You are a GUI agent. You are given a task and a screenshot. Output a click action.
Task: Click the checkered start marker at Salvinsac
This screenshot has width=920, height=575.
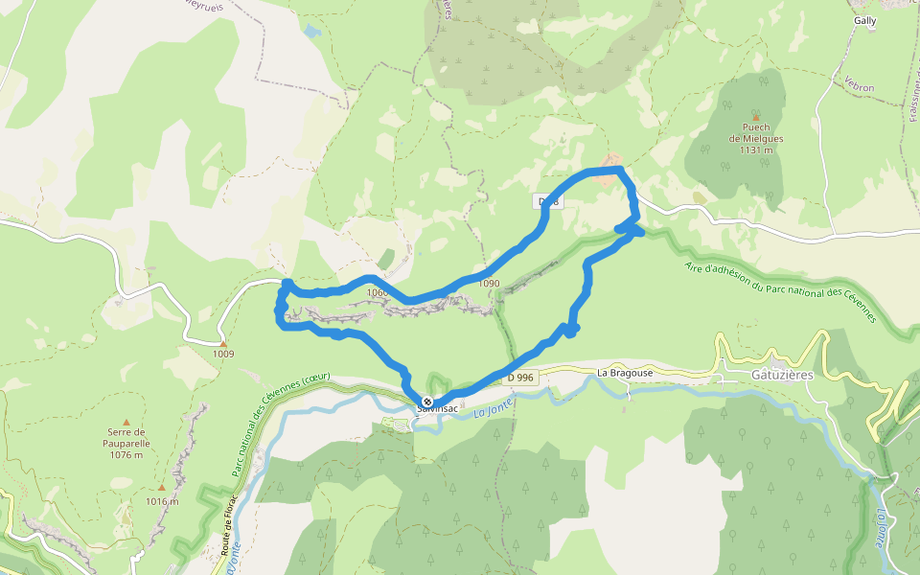click(x=427, y=402)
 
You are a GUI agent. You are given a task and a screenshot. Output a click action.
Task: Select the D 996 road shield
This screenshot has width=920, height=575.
click(x=520, y=378)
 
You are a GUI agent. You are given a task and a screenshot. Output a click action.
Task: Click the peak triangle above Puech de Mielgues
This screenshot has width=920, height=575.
click(x=755, y=114)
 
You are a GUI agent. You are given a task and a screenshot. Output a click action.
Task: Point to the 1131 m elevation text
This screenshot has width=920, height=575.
click(x=756, y=149)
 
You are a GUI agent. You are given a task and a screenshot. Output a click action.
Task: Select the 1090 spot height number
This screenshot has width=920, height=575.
click(x=489, y=284)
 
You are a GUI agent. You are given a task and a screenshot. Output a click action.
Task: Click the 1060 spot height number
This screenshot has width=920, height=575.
click(x=377, y=293)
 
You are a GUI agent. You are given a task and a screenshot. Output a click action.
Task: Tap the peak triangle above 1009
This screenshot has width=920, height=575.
click(x=223, y=343)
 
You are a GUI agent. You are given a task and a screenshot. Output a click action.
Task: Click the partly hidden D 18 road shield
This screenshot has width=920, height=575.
click(x=545, y=201)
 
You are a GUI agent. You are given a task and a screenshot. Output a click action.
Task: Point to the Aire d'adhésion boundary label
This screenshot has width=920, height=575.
click(x=781, y=292)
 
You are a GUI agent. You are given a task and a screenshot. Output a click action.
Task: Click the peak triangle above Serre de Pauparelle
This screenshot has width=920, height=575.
click(x=126, y=421)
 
